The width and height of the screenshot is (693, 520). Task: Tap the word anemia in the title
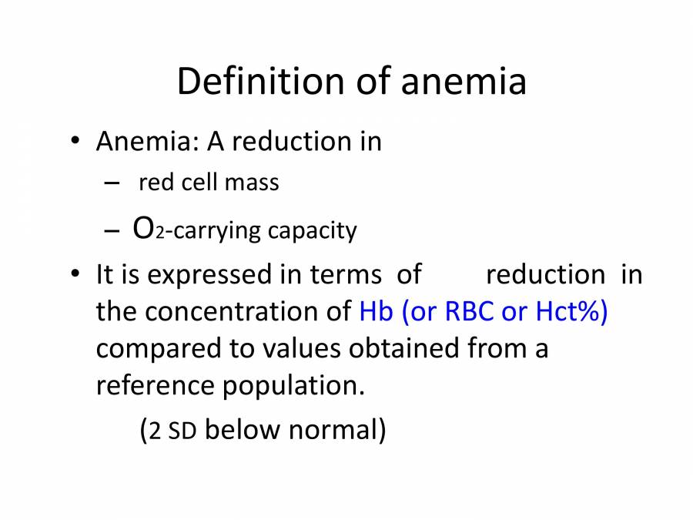(x=463, y=82)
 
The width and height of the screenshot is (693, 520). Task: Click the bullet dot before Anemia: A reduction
(x=74, y=142)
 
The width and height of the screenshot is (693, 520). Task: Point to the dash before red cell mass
(x=112, y=183)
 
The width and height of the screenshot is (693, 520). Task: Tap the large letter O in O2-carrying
(x=142, y=229)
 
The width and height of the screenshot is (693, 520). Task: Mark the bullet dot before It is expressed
(x=74, y=274)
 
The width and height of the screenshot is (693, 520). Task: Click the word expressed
(x=213, y=276)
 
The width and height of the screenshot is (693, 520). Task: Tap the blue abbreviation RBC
(x=470, y=311)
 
